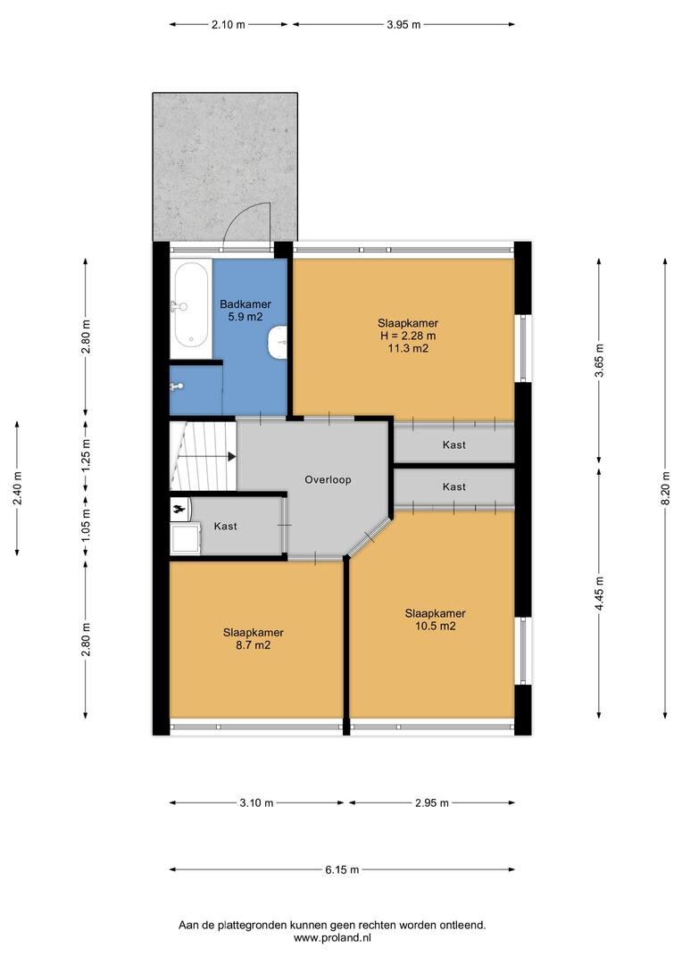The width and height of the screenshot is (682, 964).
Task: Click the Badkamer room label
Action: click(x=245, y=303)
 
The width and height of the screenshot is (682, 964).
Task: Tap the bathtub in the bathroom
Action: click(x=191, y=310)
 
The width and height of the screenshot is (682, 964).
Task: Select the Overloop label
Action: click(x=328, y=479)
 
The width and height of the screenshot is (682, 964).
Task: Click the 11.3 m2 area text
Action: click(x=408, y=349)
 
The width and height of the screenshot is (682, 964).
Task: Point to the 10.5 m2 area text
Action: click(x=436, y=627)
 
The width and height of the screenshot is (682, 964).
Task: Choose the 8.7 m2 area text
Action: click(x=254, y=645)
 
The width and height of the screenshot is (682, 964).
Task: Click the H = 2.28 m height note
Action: click(x=408, y=336)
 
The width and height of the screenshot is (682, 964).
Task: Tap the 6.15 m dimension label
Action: click(x=343, y=870)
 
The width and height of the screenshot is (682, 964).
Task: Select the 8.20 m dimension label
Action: click(x=665, y=488)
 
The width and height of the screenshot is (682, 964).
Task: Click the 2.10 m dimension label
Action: click(x=229, y=25)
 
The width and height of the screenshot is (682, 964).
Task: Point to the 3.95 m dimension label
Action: click(x=404, y=25)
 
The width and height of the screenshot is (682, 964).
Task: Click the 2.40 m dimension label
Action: click(x=17, y=488)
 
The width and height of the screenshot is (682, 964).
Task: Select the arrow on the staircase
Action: click(x=208, y=457)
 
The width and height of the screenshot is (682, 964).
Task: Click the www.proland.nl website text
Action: click(x=332, y=937)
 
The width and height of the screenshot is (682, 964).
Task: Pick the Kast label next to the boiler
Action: click(x=226, y=527)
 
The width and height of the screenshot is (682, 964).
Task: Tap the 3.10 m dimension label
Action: click(x=256, y=803)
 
